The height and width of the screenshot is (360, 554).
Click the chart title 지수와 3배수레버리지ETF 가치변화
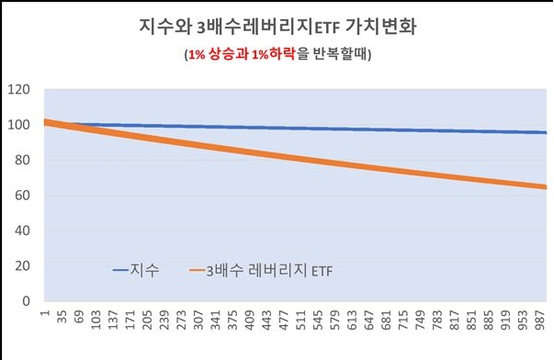tap(276, 24)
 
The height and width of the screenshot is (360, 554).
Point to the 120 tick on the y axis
tap(17, 90)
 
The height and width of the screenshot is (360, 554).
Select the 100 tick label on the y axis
tap(17, 125)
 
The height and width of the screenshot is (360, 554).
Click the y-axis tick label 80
tap(20, 160)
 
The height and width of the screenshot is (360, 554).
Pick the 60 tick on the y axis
tap(20, 196)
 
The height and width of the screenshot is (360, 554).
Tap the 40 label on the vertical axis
tap(20, 231)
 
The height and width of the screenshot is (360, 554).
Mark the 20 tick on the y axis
tap(20, 265)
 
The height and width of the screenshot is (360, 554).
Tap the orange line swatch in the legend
tap(199, 271)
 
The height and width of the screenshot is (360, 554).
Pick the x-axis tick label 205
tap(146, 321)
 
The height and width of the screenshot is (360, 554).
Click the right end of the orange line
tap(546, 187)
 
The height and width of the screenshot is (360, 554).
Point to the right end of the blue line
tap(546, 133)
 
